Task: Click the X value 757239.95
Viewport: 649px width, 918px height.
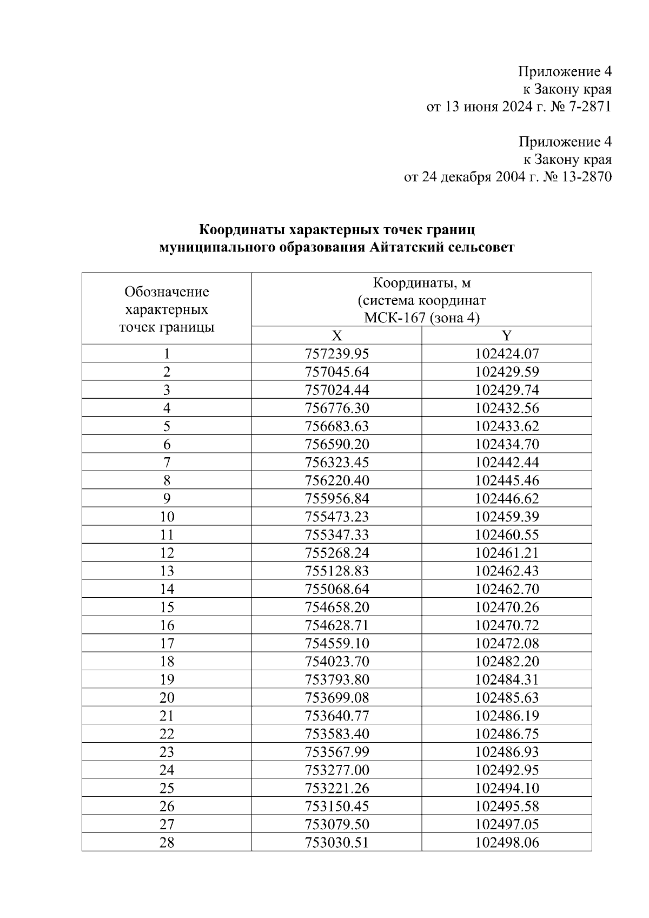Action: click(x=336, y=354)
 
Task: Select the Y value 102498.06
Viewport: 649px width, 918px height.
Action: click(x=507, y=842)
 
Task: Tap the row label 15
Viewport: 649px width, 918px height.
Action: click(x=167, y=607)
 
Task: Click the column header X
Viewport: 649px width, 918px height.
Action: click(x=336, y=336)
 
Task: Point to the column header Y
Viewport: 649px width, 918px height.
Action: click(x=507, y=336)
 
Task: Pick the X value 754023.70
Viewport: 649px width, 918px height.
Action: click(x=336, y=661)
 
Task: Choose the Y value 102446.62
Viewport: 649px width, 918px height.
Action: click(x=507, y=498)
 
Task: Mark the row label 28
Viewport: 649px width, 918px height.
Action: click(x=167, y=842)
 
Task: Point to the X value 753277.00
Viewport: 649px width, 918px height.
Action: click(x=336, y=770)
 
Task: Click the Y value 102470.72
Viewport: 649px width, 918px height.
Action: click(x=507, y=625)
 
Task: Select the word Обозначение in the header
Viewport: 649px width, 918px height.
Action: click(x=167, y=292)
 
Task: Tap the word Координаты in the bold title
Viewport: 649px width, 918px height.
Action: click(x=242, y=230)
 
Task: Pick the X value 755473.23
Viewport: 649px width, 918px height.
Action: click(x=336, y=517)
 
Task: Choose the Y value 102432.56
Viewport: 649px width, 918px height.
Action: click(x=507, y=408)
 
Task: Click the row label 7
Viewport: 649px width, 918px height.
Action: click(x=167, y=463)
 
